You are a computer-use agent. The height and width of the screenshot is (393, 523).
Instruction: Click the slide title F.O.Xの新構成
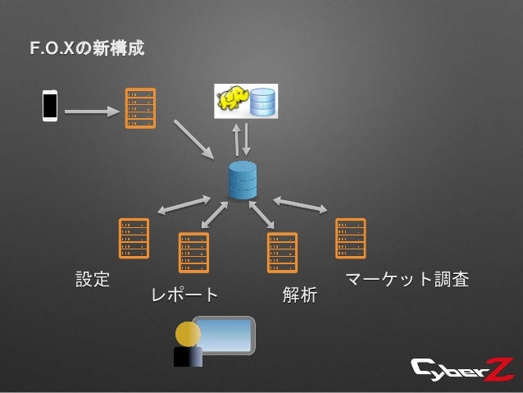pyautogui.click(x=87, y=51)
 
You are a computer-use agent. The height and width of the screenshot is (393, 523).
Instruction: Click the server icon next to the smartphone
pyautogui.click(x=138, y=107)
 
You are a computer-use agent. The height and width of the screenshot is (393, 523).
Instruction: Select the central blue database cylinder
pyautogui.click(x=243, y=179)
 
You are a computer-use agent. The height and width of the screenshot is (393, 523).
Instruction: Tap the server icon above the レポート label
pyautogui.click(x=193, y=252)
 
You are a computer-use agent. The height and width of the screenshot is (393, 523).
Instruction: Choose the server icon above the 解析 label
pyautogui.click(x=282, y=252)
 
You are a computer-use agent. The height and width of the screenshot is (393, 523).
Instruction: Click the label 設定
pyautogui.click(x=93, y=279)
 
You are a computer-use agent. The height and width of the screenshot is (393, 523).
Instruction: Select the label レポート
pyautogui.click(x=184, y=295)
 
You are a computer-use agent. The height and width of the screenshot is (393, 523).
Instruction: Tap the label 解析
pyautogui.click(x=299, y=295)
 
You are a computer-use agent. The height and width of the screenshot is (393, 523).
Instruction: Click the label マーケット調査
pyautogui.click(x=407, y=279)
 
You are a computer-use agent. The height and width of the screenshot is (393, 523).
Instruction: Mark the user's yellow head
pyautogui.click(x=188, y=335)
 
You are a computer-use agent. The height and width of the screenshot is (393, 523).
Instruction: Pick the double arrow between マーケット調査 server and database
pyautogui.click(x=299, y=203)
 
